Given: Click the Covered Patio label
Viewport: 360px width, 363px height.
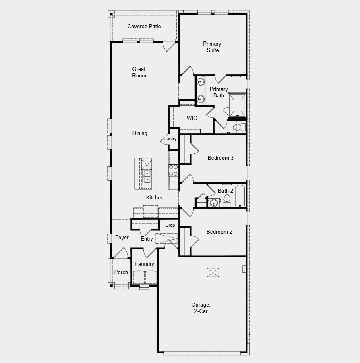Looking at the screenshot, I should point(144,27).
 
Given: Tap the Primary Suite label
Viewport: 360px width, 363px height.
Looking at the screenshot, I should point(212,47).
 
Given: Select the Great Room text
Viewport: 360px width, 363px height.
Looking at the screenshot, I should point(139,72).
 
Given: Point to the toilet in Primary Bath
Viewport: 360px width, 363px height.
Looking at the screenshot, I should point(239,127).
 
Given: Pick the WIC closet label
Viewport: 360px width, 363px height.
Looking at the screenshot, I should point(192,118).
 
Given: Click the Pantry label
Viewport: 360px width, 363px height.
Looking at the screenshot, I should point(170,139).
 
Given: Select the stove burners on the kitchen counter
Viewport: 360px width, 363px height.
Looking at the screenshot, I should point(173,170).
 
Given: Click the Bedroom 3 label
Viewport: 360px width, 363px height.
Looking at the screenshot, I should point(220,158).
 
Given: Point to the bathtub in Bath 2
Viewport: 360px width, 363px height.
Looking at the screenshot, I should point(240,196).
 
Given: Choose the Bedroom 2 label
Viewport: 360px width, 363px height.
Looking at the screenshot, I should point(219,232).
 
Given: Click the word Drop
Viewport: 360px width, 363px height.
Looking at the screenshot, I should point(170,225).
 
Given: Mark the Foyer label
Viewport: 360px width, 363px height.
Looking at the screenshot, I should point(122,238).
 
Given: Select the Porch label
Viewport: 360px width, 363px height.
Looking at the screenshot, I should point(121,272).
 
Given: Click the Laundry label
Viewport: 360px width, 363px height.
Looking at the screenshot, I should point(145,264).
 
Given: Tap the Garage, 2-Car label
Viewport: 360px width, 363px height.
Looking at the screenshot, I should point(201,308).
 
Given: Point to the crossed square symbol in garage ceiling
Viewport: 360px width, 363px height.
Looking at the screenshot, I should point(213,273).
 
